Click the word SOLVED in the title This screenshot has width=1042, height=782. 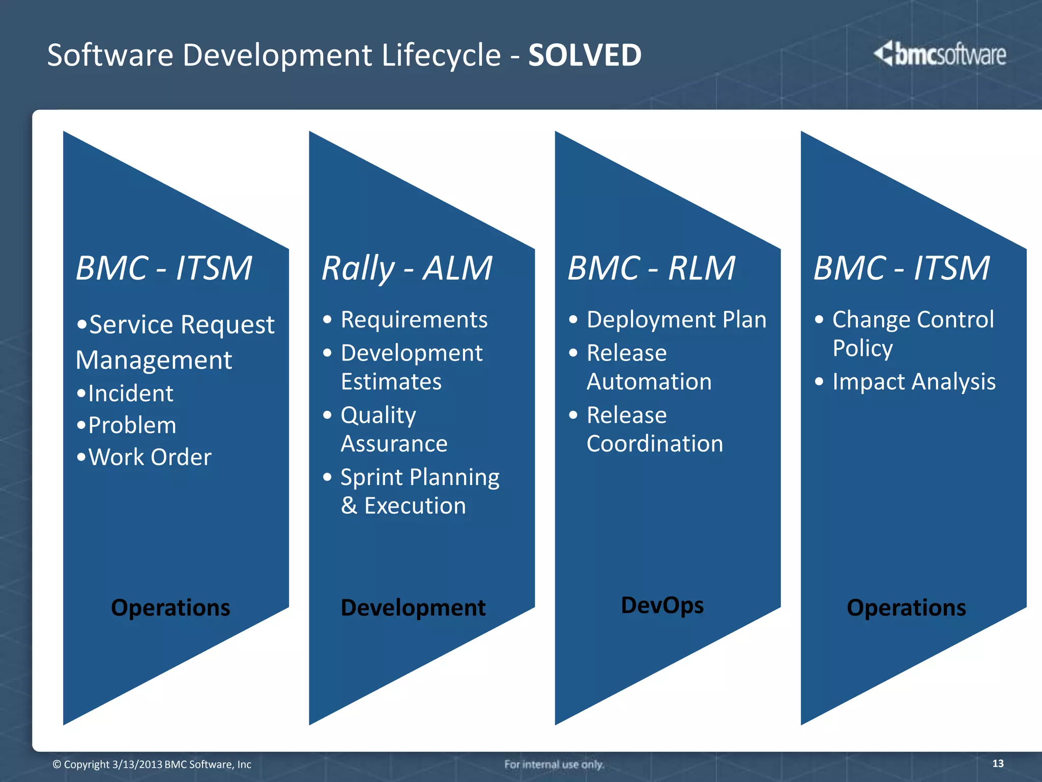pos(585,55)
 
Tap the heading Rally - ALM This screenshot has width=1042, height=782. pos(407,268)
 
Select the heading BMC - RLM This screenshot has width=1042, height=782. pos(651,268)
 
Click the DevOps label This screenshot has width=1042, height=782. pos(662,605)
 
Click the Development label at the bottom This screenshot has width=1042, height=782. pos(413,608)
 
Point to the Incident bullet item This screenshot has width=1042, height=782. pos(130,394)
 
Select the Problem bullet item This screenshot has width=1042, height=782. pos(132,425)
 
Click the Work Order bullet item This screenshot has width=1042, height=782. pos(150,457)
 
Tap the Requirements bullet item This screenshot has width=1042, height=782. pos(414,320)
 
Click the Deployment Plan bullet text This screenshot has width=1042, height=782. pos(676,320)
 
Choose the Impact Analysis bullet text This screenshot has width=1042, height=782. pos(914,382)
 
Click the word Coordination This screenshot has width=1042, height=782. pos(654,443)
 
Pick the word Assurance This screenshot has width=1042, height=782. pos(394,443)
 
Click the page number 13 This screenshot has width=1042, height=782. pos(998,763)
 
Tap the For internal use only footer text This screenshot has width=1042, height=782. pos(554,764)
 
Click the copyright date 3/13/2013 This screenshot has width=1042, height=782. pos(137,765)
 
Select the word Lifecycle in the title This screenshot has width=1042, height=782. pos(441,55)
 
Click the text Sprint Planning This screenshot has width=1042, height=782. pos(420,478)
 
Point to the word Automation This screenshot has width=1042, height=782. pos(649,382)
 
